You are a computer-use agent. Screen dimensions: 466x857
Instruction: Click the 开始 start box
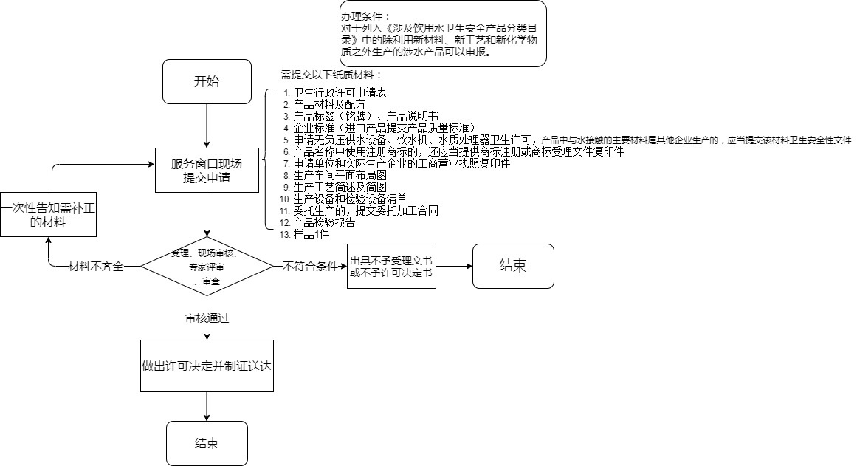206,81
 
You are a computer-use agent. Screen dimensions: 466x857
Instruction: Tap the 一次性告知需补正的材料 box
49,213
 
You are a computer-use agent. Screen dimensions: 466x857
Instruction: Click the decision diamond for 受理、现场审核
207,266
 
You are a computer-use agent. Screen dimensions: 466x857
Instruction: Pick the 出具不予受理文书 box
391,266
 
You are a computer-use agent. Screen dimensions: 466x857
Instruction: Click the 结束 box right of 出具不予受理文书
513,266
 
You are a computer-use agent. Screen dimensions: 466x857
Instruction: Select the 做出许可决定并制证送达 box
207,366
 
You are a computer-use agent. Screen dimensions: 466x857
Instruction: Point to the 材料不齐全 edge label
95,266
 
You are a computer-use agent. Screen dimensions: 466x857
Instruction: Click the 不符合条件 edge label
310,266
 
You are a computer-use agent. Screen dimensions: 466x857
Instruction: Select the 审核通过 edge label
207,318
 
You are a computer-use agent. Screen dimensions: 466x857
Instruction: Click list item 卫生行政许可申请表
340,93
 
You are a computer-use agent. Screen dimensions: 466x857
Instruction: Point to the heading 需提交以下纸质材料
331,75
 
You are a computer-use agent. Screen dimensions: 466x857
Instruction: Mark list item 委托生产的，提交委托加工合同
365,210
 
